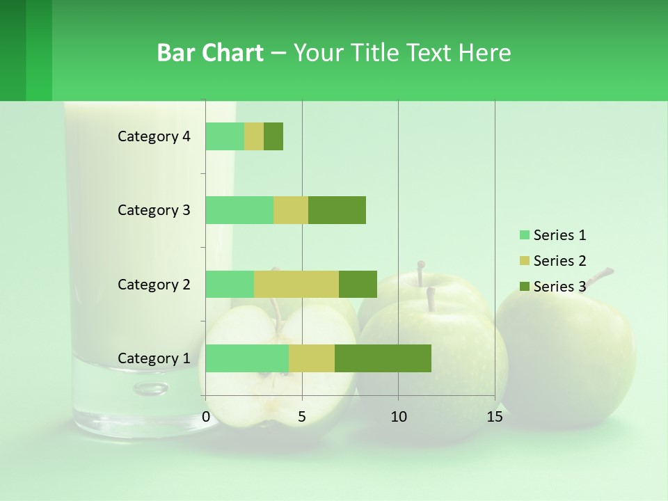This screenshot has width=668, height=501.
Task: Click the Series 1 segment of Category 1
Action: (x=247, y=358)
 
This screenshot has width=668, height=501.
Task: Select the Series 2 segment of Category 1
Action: (x=312, y=358)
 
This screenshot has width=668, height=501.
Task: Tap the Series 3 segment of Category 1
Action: (x=383, y=358)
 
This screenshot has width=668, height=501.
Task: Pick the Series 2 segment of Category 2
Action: (x=296, y=284)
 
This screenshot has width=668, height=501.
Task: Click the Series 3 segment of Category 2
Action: (x=358, y=284)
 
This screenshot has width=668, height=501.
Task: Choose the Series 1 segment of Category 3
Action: (x=239, y=210)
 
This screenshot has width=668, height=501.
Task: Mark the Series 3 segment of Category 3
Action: (x=337, y=210)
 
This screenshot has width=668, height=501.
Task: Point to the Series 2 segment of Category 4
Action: (x=254, y=136)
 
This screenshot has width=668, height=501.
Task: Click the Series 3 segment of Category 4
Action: (x=273, y=136)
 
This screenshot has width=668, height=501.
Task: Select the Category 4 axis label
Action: (x=154, y=136)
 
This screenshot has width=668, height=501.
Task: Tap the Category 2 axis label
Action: (x=154, y=284)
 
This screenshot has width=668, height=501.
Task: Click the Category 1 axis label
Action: (x=154, y=358)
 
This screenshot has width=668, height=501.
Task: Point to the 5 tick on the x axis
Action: (x=302, y=417)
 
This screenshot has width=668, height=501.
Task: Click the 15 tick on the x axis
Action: (x=494, y=417)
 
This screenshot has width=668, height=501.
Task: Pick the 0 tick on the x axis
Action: (x=206, y=417)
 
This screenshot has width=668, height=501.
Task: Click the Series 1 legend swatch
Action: (x=524, y=235)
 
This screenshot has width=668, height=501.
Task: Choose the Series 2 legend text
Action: (x=559, y=261)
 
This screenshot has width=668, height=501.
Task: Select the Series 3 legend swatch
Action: (x=524, y=287)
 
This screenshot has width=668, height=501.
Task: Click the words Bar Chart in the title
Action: (x=210, y=53)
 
